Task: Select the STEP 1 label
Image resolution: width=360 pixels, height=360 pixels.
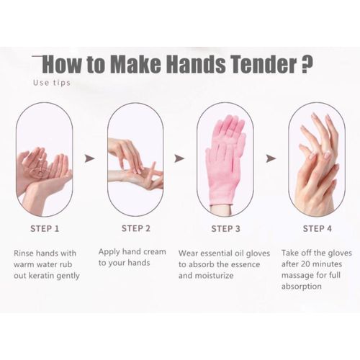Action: coord(45,229)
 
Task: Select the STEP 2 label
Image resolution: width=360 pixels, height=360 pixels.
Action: coord(135,229)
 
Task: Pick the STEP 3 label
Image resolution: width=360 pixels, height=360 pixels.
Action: coord(225,229)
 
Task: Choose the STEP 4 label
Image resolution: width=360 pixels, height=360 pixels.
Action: coord(317,229)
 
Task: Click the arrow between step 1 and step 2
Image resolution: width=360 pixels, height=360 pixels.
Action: coord(89,158)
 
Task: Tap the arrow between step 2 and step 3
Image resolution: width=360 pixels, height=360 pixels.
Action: coord(179,158)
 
